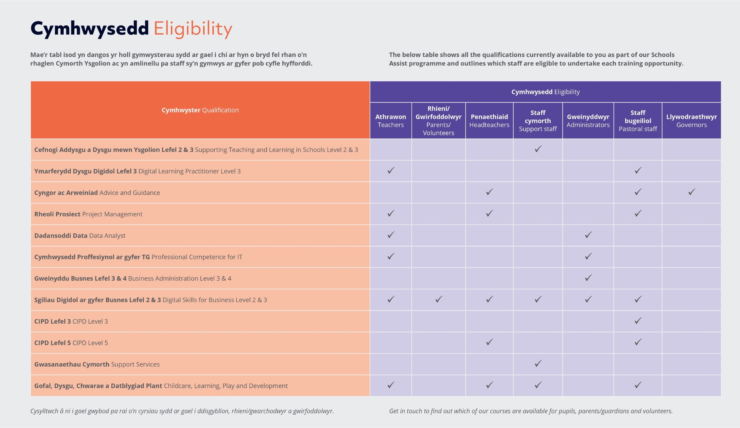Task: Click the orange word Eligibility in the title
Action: coord(193,29)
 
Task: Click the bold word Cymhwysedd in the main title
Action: coord(90,29)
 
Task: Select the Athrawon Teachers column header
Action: coord(391,121)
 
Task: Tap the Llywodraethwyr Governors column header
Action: coord(691,121)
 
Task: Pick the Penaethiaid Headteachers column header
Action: coord(489,121)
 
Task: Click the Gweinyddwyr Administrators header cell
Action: coord(588,121)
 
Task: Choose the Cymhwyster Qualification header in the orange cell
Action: coord(200,110)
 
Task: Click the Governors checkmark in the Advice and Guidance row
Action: coord(692,192)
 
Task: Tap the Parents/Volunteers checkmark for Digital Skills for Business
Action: coord(438,299)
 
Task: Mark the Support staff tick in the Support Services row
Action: coord(538,364)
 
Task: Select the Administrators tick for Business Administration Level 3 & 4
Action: coord(588,278)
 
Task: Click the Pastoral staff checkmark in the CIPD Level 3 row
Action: coord(638,321)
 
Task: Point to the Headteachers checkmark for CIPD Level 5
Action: coord(489,342)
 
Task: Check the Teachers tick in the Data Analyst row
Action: coord(391,235)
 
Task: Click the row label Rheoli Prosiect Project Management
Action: coord(88,214)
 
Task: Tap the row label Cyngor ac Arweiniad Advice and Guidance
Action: coord(97,193)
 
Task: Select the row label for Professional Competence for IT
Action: coord(138,257)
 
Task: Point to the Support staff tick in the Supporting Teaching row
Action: coord(538,149)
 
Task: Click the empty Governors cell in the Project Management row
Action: coord(691,214)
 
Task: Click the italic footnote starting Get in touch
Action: coord(531,411)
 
